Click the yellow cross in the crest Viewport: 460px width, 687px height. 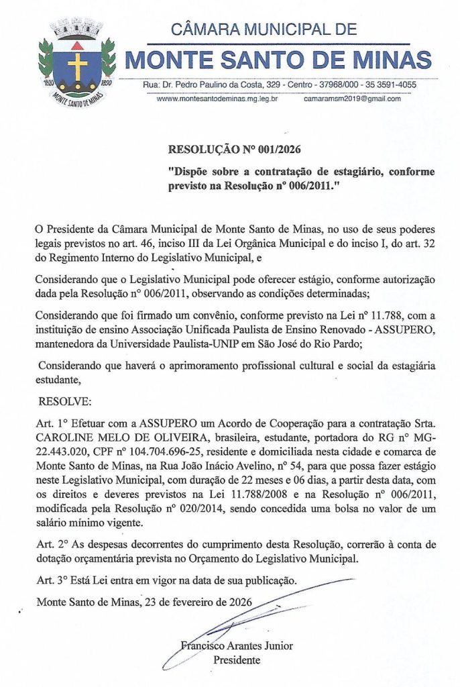(78, 66)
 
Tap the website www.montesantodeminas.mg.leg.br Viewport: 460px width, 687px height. (217, 99)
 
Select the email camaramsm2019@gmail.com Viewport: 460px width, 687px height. (352, 99)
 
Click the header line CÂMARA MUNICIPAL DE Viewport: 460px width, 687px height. (264, 30)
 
